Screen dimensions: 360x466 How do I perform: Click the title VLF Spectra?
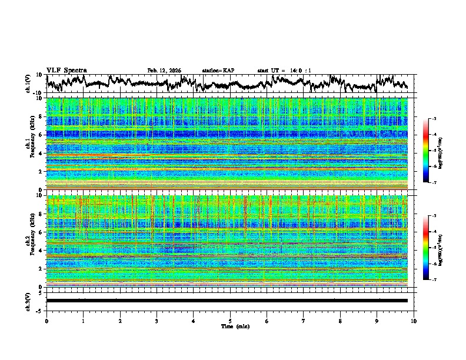point(66,70)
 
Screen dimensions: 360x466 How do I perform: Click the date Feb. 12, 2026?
point(164,71)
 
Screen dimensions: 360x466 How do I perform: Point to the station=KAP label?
point(218,71)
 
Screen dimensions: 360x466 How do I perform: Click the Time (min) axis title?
point(230,326)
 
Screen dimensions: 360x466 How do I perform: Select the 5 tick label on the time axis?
point(230,321)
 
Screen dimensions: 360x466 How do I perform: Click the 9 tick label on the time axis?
point(377,321)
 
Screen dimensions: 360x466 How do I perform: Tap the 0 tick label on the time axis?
point(46,321)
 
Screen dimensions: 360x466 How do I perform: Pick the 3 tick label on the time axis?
point(157,321)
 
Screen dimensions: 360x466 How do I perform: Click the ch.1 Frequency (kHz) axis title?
point(29,144)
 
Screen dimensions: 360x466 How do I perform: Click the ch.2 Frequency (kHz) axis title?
point(29,241)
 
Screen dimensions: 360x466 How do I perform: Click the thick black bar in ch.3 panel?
point(227,301)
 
